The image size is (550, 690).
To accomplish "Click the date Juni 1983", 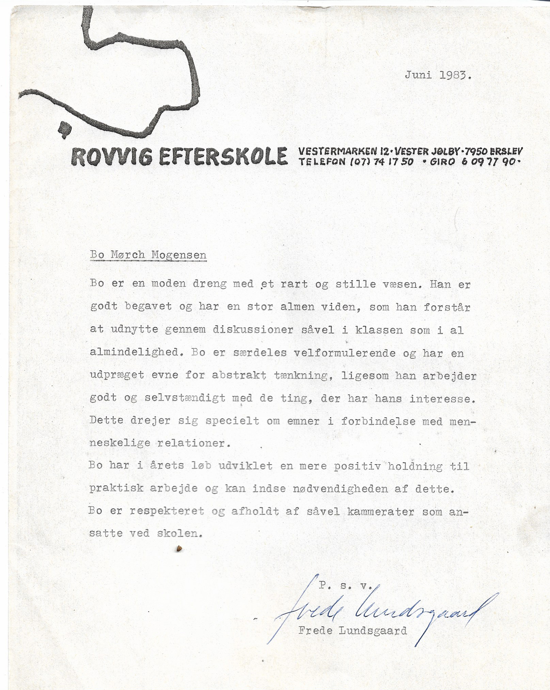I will click(438, 75).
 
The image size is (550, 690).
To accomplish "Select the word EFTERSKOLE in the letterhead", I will click(221, 157).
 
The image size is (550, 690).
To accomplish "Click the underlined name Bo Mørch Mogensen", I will click(148, 255).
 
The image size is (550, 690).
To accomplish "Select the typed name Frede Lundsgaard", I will click(352, 631).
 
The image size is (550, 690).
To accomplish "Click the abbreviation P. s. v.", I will click(345, 585).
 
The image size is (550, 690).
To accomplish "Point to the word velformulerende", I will click(344, 353).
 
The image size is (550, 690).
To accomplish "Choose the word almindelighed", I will click(134, 353).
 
